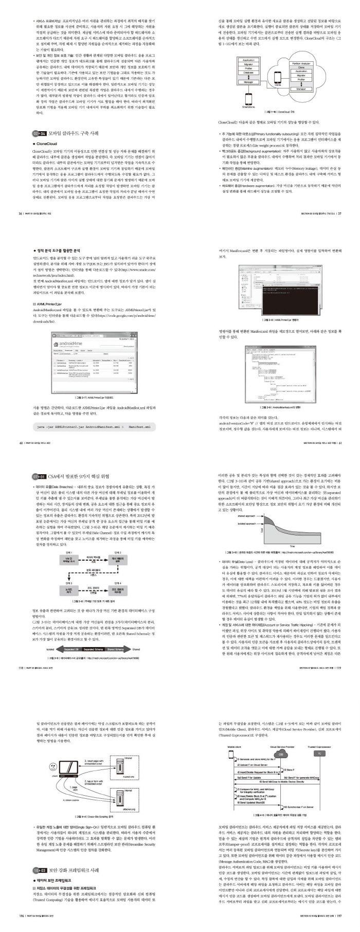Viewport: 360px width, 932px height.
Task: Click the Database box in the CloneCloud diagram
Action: [248, 73]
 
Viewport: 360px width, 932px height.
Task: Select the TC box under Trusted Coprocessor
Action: [319, 753]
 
